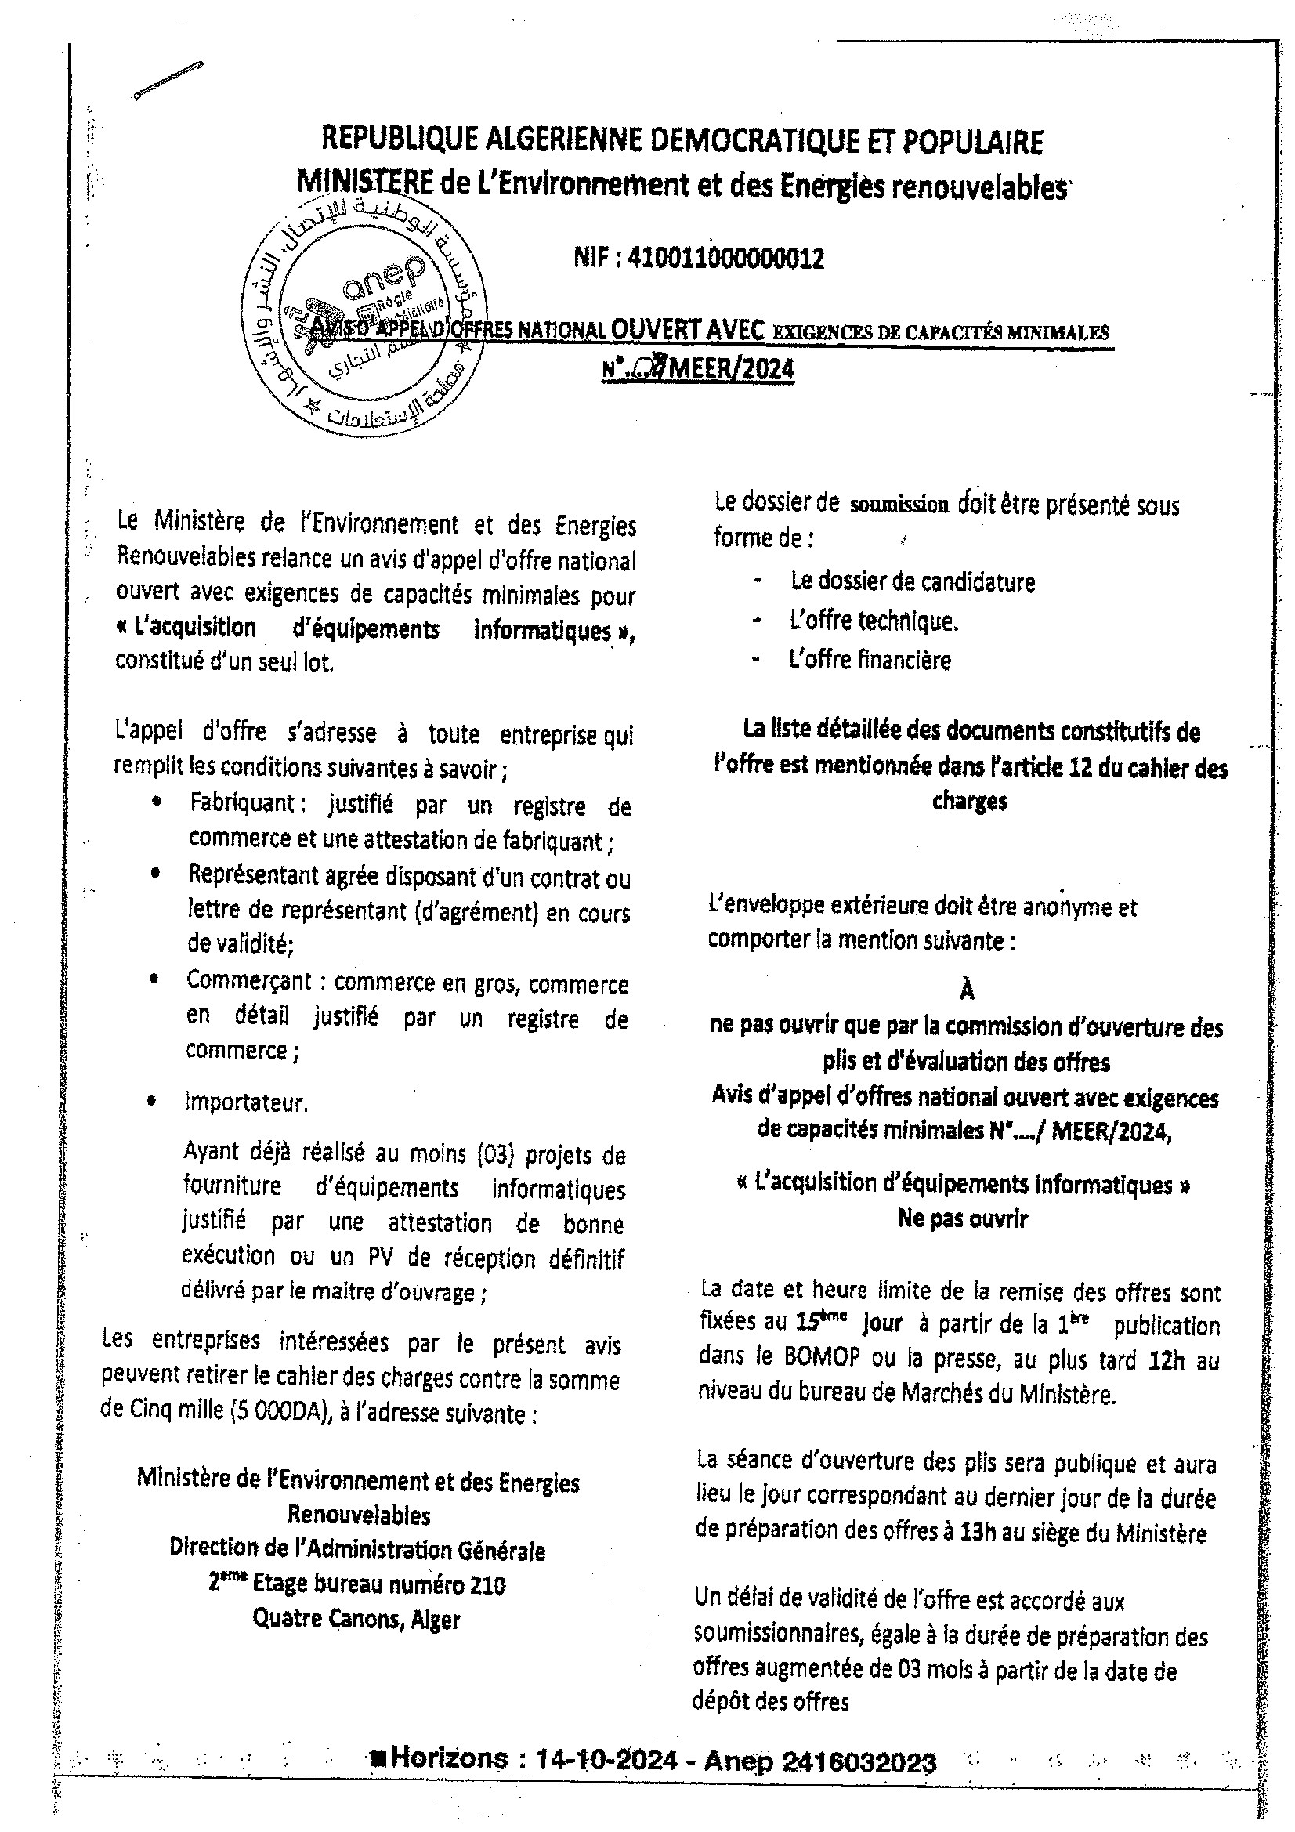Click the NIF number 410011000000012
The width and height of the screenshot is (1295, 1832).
pos(726,259)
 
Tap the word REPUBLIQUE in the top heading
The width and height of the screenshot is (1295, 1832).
pos(396,142)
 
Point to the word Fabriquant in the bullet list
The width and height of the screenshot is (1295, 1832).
pos(243,802)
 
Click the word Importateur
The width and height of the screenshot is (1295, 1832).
pos(247,1102)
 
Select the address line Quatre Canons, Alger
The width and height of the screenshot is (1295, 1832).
pos(356,1619)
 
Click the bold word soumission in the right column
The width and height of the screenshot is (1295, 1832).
pos(899,505)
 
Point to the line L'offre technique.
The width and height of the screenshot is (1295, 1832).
pos(874,621)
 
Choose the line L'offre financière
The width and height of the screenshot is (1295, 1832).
pos(870,660)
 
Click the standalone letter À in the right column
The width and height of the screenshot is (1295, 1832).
pos(967,990)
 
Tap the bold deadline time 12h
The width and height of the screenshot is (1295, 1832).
pos(1167,1360)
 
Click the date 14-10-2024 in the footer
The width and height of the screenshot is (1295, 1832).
pos(606,1759)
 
